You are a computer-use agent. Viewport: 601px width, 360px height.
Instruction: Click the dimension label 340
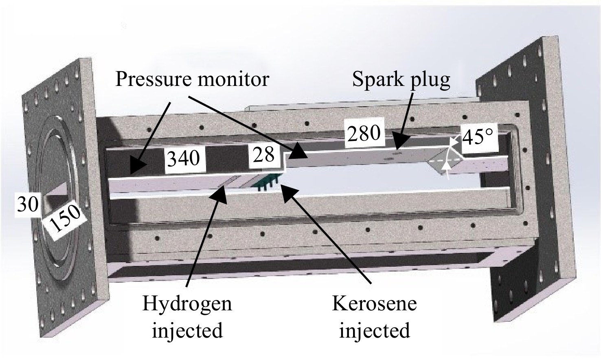[x=184, y=158]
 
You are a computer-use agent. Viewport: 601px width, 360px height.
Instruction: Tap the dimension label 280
[x=364, y=134]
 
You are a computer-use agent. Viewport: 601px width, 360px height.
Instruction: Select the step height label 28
[x=264, y=155]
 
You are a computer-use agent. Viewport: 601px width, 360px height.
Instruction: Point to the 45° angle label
[x=478, y=136]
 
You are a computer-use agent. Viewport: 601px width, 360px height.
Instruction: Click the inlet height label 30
[x=28, y=205]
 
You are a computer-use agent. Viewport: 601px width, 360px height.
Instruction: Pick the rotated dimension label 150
[x=65, y=219]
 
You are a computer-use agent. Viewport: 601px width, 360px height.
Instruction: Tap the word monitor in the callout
[x=233, y=80]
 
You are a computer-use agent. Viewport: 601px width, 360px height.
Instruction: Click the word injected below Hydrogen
[x=187, y=331]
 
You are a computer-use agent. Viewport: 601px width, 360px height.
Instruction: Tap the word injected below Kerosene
[x=375, y=331]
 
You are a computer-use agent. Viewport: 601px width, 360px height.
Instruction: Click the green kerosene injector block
[x=265, y=182]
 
